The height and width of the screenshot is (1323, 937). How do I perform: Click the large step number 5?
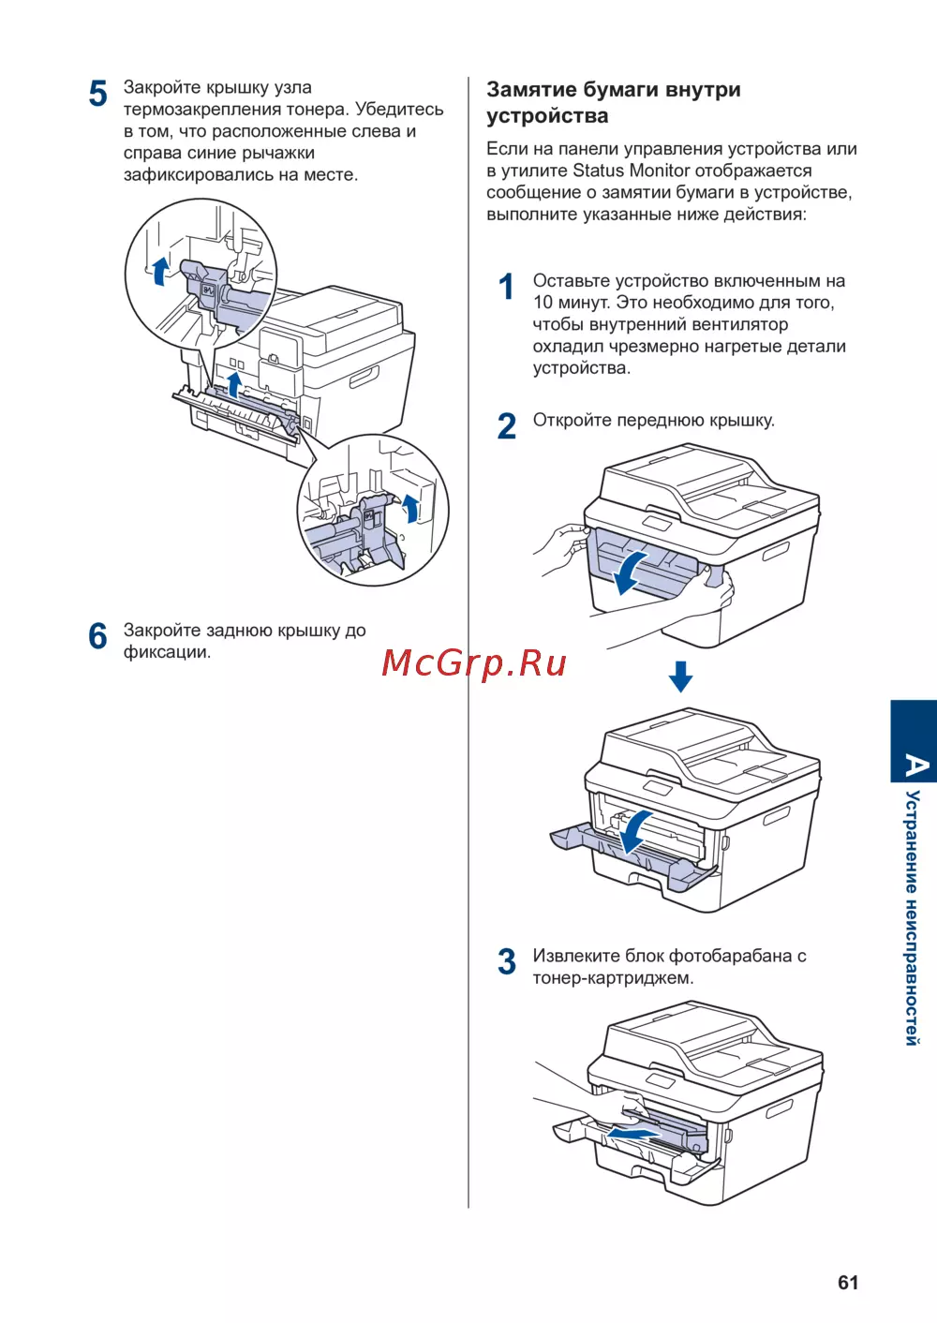pos(98,94)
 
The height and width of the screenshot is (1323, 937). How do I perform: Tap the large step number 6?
pos(98,636)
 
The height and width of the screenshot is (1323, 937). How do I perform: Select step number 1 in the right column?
pos(507,287)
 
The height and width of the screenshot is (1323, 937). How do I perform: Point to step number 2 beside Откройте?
pos(507,426)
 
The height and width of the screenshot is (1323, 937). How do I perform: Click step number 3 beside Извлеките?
pos(507,962)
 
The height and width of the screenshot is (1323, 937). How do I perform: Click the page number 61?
pos(848,1283)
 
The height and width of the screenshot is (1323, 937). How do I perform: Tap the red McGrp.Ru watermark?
pos(474,663)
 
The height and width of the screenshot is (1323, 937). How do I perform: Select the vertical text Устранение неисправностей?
pos(913,918)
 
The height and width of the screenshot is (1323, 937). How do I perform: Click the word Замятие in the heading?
pos(530,90)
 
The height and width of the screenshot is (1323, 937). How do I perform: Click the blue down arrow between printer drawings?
pos(681,676)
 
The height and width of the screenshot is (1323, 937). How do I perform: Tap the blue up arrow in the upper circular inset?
pos(160,270)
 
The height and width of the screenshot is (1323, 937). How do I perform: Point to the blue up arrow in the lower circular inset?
pos(410,509)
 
